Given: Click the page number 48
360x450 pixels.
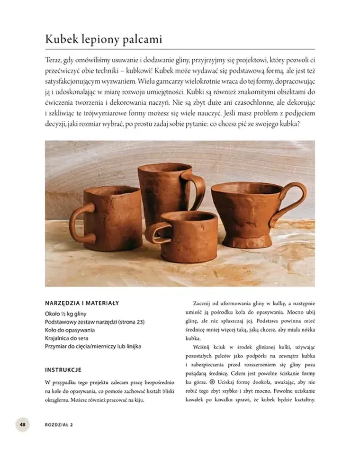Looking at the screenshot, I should click(x=22, y=424).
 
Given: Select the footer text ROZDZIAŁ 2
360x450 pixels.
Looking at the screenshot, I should click(x=59, y=424).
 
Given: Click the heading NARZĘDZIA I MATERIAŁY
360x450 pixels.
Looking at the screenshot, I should click(x=81, y=303).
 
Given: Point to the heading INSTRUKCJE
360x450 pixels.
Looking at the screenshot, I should click(x=63, y=369).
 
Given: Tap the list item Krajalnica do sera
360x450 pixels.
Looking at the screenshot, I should click(x=70, y=338).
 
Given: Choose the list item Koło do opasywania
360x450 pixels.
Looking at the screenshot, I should click(x=70, y=330).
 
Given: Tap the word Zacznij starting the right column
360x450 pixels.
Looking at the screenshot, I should click(x=204, y=303).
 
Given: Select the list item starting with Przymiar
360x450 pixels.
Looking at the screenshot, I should click(x=93, y=346).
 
